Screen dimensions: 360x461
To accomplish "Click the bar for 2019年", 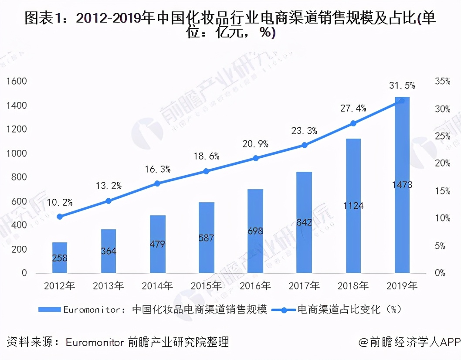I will [402, 185].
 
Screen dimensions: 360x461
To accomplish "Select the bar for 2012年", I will [60, 258].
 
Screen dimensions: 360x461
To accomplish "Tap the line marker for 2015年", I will [206, 171].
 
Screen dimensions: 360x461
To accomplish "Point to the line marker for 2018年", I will [353, 123].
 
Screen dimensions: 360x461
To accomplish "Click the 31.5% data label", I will [402, 85].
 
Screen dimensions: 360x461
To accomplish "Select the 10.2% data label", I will [60, 202].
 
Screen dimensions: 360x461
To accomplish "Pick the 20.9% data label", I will [255, 143].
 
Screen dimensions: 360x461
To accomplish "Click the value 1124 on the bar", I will [353, 206].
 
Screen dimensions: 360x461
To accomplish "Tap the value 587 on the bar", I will [206, 238].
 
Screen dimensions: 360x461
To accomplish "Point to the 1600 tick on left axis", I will [17, 82].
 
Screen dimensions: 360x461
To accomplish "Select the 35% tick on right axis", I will [442, 82].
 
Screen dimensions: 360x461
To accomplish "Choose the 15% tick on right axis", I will [442, 191].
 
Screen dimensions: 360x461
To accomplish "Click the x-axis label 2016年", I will [255, 286].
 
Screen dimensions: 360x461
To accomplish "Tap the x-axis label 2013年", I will [108, 286].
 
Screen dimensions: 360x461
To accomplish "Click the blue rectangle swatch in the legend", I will [49, 310].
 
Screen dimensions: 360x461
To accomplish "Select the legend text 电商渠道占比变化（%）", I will [349, 310].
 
